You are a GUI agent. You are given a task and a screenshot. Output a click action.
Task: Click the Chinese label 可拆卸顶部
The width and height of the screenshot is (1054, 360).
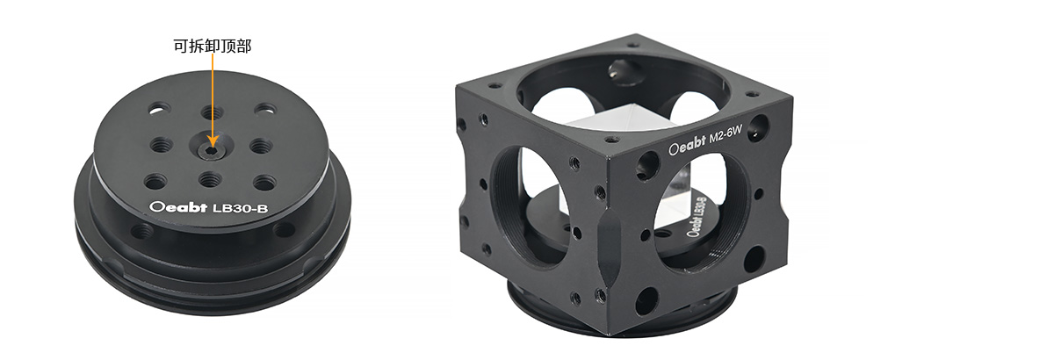coord(213,46)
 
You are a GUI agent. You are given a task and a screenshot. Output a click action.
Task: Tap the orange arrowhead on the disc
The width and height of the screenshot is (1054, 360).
coord(213,140)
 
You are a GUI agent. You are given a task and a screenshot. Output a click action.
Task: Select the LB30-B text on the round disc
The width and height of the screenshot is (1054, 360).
coord(241,208)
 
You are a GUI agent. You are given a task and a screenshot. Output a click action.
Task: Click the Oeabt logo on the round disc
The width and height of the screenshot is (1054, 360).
coord(178,207)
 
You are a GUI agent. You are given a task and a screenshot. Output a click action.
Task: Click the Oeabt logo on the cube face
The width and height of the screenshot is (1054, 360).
coord(688,145)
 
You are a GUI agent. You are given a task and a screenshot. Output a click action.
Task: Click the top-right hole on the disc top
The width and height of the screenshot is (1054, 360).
coord(265,110)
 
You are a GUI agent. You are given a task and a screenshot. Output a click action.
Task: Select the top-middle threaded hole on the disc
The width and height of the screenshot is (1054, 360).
coord(213,112)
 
